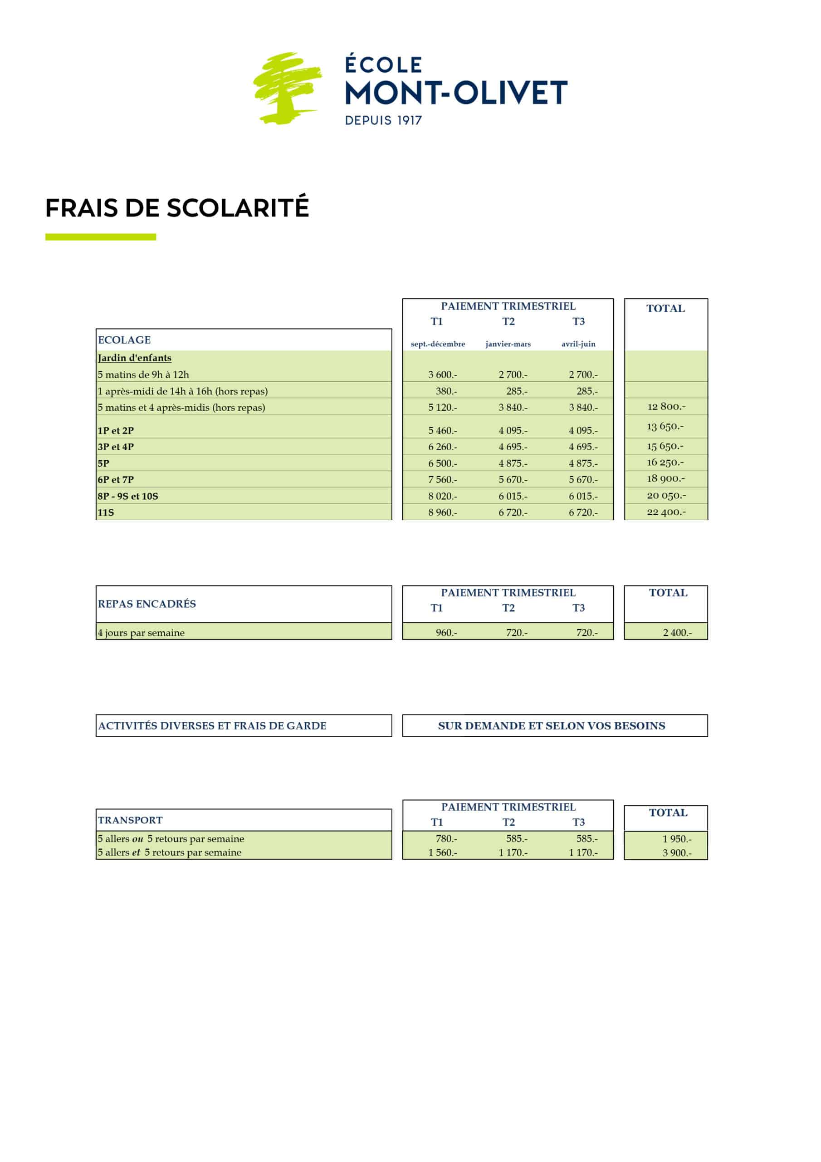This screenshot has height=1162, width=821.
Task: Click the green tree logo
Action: [286, 88]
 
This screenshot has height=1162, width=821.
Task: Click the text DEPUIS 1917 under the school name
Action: [383, 120]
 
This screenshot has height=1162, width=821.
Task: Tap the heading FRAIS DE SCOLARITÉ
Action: [177, 208]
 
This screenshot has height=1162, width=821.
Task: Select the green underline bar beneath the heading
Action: [101, 237]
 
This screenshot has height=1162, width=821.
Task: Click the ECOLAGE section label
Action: [124, 340]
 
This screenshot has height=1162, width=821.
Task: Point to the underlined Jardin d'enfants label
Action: [135, 358]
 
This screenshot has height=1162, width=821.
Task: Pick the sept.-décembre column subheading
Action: [438, 344]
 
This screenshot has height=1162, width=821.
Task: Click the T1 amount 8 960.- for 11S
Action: [443, 512]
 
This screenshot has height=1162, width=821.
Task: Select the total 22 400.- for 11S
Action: [666, 512]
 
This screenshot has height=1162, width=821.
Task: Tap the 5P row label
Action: [104, 463]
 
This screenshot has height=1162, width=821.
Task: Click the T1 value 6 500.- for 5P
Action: [443, 463]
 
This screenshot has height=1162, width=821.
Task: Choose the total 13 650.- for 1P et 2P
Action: [665, 426]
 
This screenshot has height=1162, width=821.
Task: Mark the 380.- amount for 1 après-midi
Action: [446, 391]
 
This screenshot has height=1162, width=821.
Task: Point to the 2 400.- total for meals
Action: [677, 633]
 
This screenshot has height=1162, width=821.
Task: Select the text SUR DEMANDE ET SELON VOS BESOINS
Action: [552, 726]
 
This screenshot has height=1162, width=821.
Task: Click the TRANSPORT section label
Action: [130, 820]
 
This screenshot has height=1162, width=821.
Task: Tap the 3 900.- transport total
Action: [677, 853]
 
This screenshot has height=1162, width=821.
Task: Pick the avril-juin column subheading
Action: [578, 344]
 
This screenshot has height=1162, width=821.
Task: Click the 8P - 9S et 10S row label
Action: [128, 496]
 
